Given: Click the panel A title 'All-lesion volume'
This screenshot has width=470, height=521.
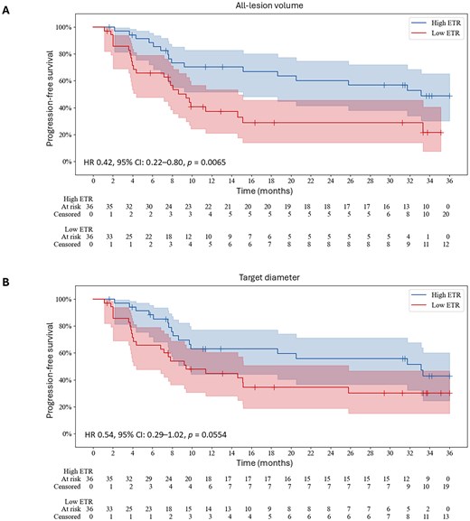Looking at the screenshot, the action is click(269, 5).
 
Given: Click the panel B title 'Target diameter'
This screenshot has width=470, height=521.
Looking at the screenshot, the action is click(269, 277).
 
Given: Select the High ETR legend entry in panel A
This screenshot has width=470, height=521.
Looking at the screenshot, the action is click(436, 23).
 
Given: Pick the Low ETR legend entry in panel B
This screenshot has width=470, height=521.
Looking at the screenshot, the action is click(436, 305).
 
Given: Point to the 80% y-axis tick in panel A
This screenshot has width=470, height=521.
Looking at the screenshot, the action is click(65, 54).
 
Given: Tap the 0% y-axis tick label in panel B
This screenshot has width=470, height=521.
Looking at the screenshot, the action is click(67, 433).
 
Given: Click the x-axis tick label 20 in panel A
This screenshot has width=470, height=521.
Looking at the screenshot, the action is click(291, 181).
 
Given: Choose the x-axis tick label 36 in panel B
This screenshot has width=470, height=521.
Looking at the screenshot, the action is click(449, 453).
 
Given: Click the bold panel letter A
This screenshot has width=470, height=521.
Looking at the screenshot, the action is click(5, 11).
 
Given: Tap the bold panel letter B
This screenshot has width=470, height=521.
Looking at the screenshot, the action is click(5, 283).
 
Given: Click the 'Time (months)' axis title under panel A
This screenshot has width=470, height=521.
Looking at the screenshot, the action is click(265, 191).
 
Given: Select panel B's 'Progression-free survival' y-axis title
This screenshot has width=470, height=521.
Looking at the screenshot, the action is click(50, 370).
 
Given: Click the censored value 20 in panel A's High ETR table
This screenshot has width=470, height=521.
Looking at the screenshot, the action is click(446, 214).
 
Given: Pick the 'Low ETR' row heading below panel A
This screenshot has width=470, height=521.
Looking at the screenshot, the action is click(79, 229).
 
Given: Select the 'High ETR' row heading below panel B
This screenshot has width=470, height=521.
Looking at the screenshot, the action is click(78, 471).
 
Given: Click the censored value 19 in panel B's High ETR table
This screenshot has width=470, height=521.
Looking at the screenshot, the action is click(446, 487).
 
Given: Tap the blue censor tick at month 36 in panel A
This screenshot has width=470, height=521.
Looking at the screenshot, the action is click(449, 96).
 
